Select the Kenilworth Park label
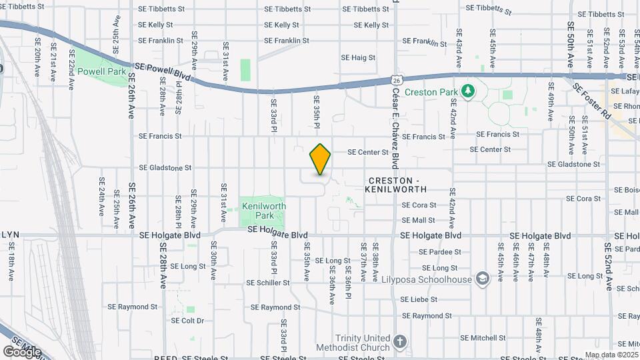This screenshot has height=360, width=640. [263, 211]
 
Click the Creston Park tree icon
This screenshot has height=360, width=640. [468, 90]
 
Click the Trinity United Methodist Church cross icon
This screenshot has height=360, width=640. [399, 343]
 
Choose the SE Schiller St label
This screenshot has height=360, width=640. [268, 283]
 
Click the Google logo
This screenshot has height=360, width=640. [22, 351]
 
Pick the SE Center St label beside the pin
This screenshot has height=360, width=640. [367, 152]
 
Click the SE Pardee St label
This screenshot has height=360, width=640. [440, 252]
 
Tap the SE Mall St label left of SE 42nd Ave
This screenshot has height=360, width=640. [419, 220]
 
